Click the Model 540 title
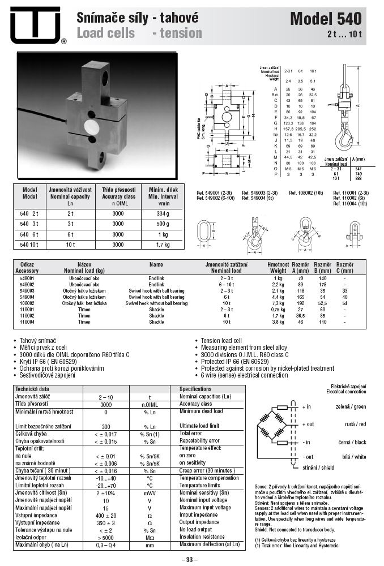tap(325, 19)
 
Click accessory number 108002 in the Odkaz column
tap(27, 303)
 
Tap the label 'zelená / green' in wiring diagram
tap(351, 406)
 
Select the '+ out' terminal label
tap(308, 424)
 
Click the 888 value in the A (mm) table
tap(358, 178)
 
